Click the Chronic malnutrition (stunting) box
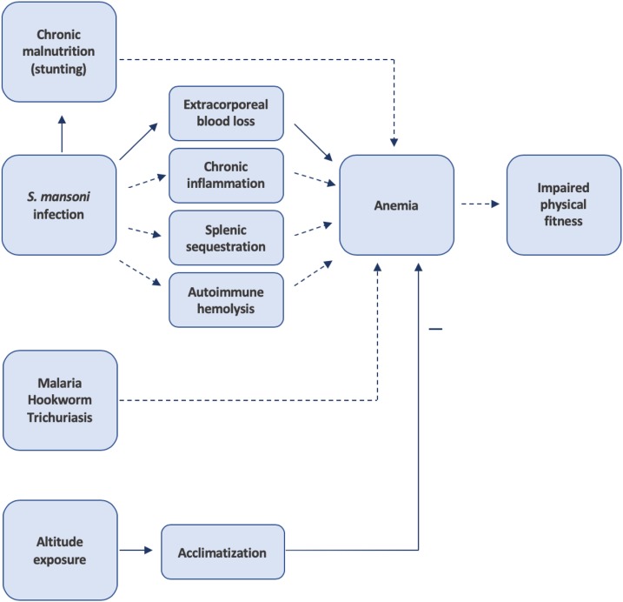59,50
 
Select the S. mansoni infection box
59,205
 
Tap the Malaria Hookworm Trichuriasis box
59,400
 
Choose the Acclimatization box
222,552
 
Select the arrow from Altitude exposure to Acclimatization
138,551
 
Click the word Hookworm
59,401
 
